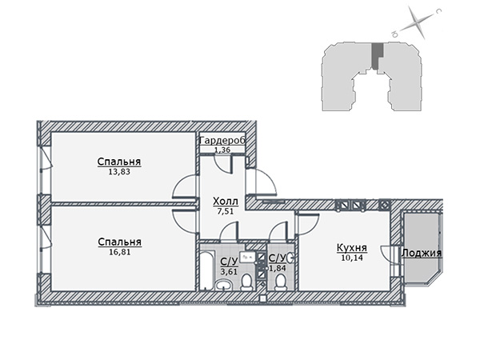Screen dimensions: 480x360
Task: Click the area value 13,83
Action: [x=119, y=172]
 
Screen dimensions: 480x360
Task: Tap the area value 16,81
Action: [x=120, y=252]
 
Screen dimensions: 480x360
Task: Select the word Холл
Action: [x=226, y=202]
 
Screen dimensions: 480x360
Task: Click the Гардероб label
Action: [x=222, y=141]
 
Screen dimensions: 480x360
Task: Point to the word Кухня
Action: [x=352, y=247]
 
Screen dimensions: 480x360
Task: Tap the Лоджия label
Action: [x=422, y=253]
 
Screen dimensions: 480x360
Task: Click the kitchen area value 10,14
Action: [x=352, y=258]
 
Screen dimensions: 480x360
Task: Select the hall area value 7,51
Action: [x=226, y=211]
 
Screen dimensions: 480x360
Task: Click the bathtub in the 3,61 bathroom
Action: [x=206, y=270]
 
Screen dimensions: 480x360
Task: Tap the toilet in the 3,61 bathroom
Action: [x=246, y=282]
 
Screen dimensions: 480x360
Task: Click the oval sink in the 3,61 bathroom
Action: [x=224, y=286]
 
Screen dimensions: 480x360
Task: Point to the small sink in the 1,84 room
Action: [x=291, y=258]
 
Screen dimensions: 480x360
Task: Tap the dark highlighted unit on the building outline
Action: [x=377, y=55]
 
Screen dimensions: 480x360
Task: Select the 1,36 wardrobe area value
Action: [x=222, y=150]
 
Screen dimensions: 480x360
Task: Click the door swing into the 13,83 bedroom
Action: [x=184, y=186]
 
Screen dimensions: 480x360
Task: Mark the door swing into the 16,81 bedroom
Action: [x=184, y=222]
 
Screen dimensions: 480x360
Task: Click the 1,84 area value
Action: [x=278, y=269]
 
